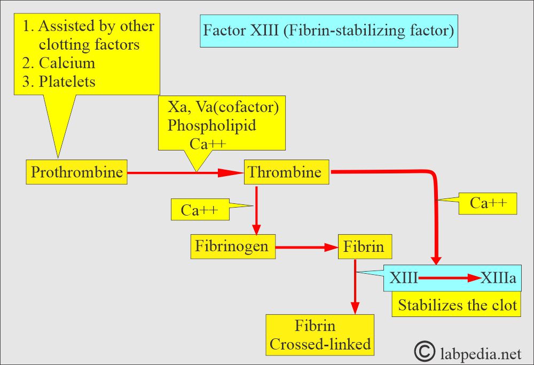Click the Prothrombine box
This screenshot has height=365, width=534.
[x=77, y=172]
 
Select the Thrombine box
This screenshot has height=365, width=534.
[x=285, y=172]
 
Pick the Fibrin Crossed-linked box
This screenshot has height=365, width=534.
[x=320, y=335]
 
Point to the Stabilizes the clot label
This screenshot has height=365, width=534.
[x=457, y=305]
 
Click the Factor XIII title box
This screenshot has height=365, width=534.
[x=328, y=30]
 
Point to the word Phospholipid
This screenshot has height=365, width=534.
[x=211, y=125]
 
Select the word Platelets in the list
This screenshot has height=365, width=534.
[x=67, y=82]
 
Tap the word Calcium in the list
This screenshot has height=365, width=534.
[x=67, y=63]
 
